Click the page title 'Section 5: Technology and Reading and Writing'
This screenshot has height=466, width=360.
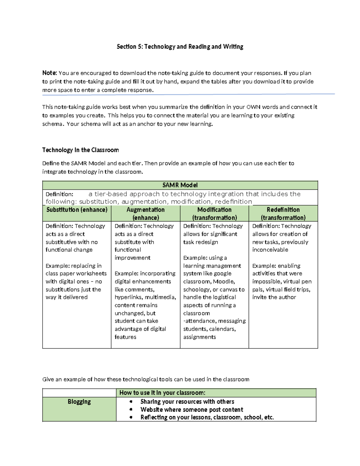pyautogui.click(x=180, y=47)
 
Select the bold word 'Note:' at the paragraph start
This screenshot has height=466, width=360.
pyautogui.click(x=49, y=73)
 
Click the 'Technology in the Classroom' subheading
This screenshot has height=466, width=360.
pyautogui.click(x=80, y=150)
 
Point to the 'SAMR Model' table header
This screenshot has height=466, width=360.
pyautogui.click(x=180, y=185)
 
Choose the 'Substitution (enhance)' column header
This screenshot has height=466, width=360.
pyautogui.click(x=77, y=210)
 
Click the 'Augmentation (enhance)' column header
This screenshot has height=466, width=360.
pyautogui.click(x=145, y=213)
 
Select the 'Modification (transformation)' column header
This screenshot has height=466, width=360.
pyautogui.click(x=214, y=213)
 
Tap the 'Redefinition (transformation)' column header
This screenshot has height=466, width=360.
pyautogui.click(x=283, y=213)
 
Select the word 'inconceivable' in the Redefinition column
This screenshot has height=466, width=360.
pyautogui.click(x=270, y=250)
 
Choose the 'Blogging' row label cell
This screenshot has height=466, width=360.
pyautogui.click(x=79, y=402)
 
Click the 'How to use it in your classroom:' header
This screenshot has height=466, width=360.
pyautogui.click(x=162, y=393)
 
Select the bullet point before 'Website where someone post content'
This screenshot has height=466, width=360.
pyautogui.click(x=131, y=410)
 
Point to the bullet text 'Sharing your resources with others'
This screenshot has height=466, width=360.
pyautogui.click(x=187, y=402)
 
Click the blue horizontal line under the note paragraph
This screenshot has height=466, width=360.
pyautogui.click(x=188, y=95)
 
